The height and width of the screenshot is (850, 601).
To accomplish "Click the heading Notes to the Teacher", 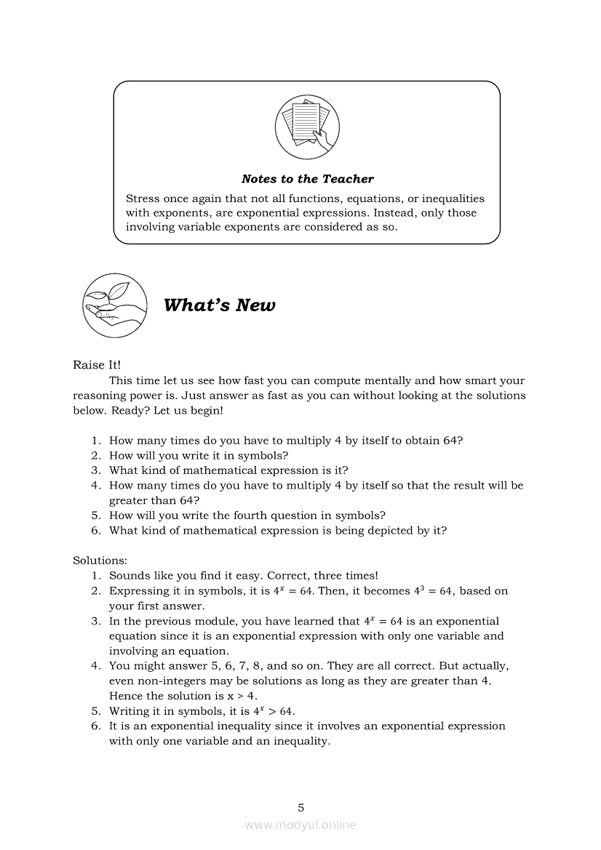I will pyautogui.click(x=307, y=179).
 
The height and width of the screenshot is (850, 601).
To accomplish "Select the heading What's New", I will pyautogui.click(x=219, y=305).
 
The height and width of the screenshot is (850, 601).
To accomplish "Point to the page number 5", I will pyautogui.click(x=300, y=807).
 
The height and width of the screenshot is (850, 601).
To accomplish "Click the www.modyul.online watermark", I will pyautogui.click(x=300, y=825).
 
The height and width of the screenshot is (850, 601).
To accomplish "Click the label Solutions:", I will pyautogui.click(x=100, y=561).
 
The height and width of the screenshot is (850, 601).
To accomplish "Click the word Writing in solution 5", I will pyautogui.click(x=129, y=711).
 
